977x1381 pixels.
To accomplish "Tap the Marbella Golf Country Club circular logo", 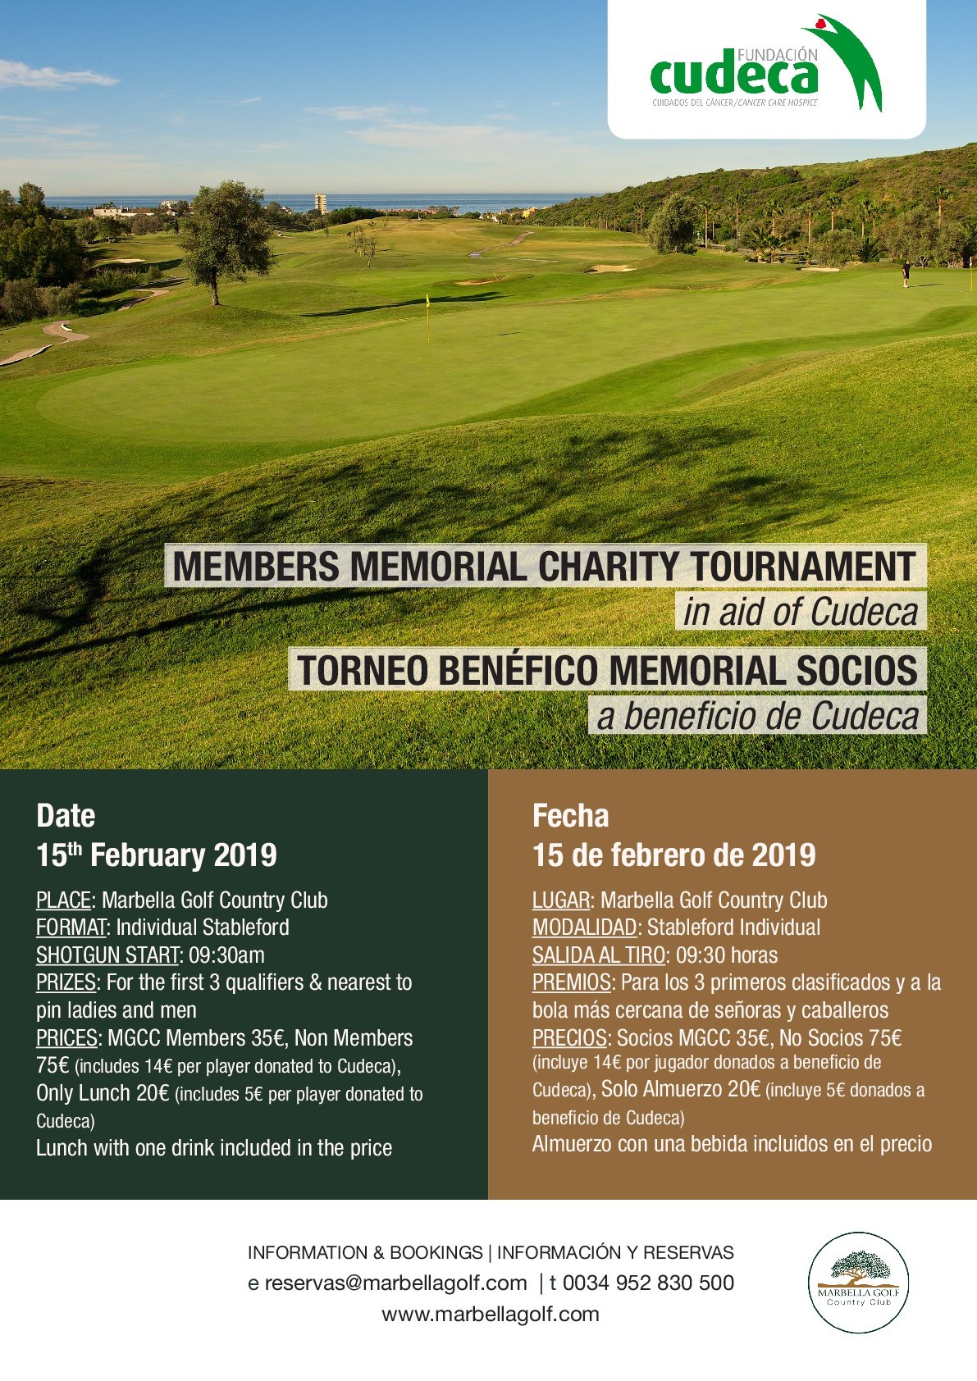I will pyautogui.click(x=858, y=1282).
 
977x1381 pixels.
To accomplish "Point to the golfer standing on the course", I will pyautogui.click(x=906, y=273).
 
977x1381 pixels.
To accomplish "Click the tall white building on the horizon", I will pyautogui.click(x=320, y=203).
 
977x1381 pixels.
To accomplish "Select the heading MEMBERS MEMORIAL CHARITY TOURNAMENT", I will pyautogui.click(x=545, y=566).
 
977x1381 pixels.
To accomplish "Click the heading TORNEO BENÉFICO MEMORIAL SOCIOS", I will pyautogui.click(x=607, y=669).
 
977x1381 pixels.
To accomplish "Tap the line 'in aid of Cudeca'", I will pyautogui.click(x=800, y=612).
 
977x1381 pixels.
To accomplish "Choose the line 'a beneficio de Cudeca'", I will pyautogui.click(x=758, y=716).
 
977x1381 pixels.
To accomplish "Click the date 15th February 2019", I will pyautogui.click(x=157, y=855).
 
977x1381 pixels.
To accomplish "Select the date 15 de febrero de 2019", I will pyautogui.click(x=673, y=855).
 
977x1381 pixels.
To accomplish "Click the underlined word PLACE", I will pyautogui.click(x=63, y=900).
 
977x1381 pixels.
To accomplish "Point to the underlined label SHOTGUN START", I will pyautogui.click(x=107, y=955).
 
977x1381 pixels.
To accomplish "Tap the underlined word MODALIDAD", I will pyautogui.click(x=584, y=928).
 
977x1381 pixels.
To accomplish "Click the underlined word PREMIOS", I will pyautogui.click(x=571, y=982).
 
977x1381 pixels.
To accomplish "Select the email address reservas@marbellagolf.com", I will pyautogui.click(x=395, y=1283).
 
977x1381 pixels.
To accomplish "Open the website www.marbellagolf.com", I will pyautogui.click(x=491, y=1314).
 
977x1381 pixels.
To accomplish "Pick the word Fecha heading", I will pyautogui.click(x=571, y=816).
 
